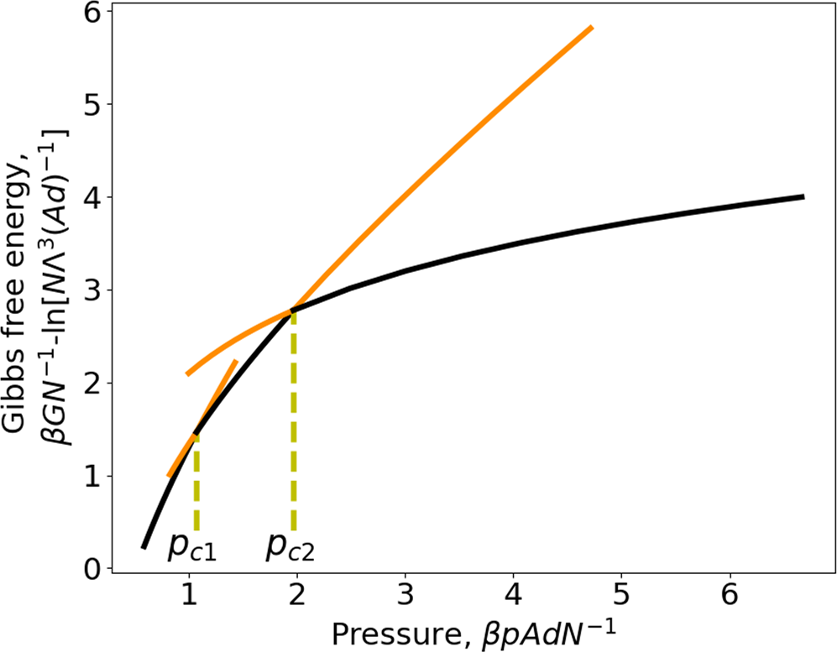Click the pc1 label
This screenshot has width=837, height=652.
tap(191, 547)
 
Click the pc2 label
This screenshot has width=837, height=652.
tap(291, 547)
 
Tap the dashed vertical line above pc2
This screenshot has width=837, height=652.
tap(293, 420)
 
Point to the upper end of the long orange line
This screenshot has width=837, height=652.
tap(592, 28)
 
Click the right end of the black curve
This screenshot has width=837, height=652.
tap(803, 196)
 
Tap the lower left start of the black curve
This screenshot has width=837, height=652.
tap(144, 547)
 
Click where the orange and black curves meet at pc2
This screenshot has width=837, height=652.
tap(293, 310)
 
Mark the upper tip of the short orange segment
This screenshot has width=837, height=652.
tap(236, 362)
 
